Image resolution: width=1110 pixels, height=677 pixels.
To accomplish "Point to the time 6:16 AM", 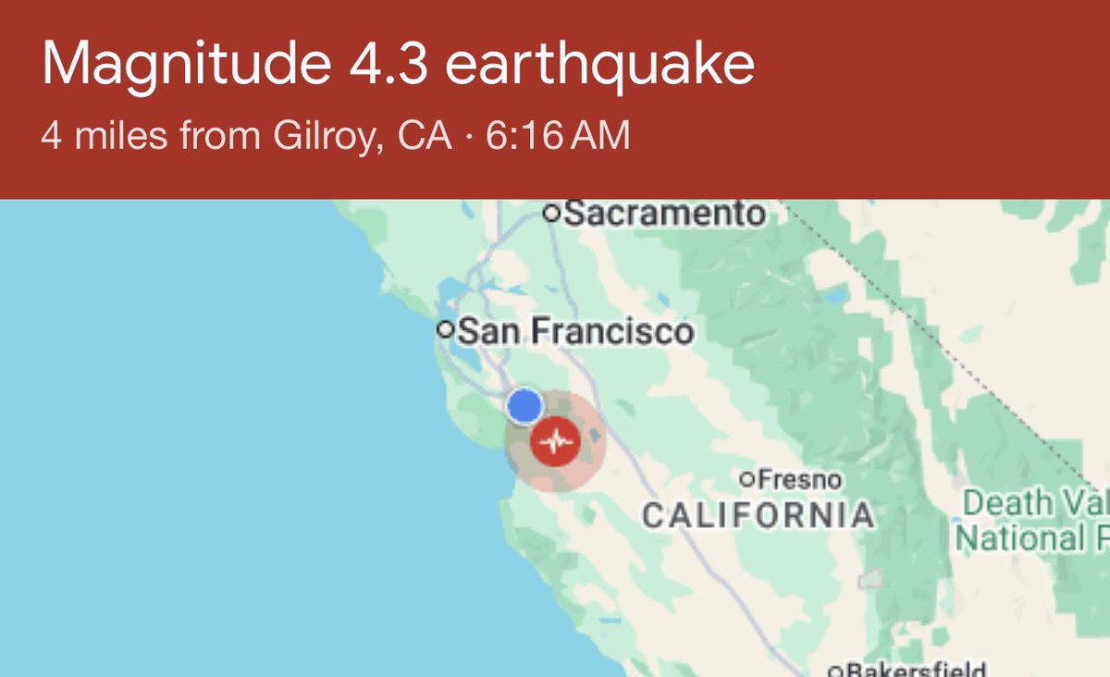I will coord(557,137).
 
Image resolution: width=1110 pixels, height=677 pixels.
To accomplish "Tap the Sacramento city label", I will coord(664,215).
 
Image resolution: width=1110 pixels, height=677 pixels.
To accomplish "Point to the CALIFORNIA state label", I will coord(758,514).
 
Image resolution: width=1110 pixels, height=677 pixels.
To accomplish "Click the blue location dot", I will coord(524,405).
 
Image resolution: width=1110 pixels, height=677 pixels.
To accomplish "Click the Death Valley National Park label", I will coord(1031,520).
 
